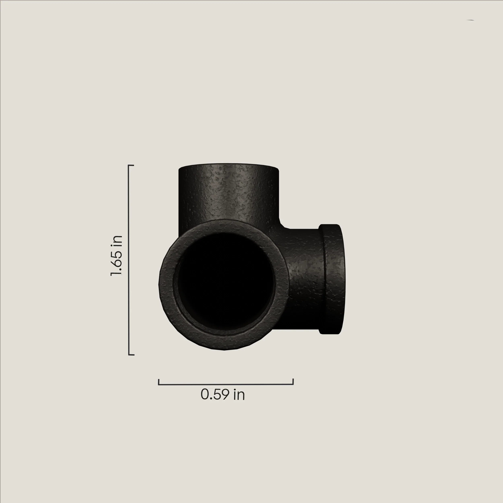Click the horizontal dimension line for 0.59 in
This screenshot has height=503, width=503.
point(226,384)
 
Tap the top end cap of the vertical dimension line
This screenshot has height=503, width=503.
point(131,165)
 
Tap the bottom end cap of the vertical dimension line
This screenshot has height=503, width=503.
point(131,355)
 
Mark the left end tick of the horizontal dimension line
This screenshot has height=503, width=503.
point(159,382)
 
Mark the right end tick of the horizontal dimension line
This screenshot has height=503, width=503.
point(293,381)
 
